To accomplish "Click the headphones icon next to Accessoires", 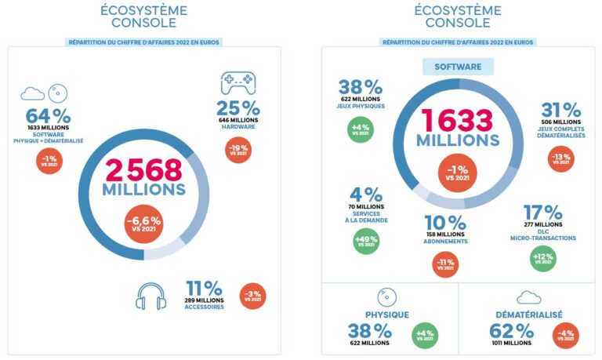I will tap(150, 295).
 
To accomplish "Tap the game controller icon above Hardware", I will tap(238, 82).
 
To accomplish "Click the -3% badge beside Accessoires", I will tap(252, 296).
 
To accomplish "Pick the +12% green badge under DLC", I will tap(542, 258).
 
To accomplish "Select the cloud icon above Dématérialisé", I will tap(529, 297).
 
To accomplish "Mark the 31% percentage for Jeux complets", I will tap(560, 111).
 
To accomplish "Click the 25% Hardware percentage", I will tap(238, 107).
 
